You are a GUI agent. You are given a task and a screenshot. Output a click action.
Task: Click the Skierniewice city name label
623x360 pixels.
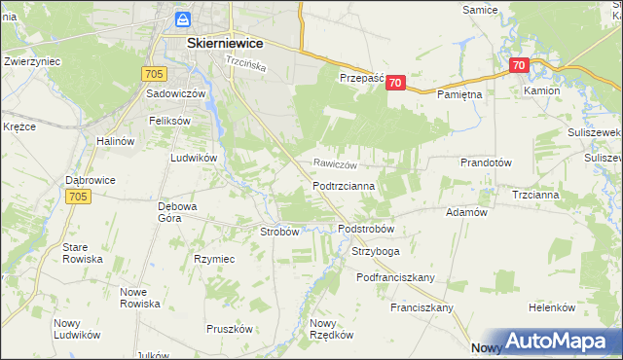coord(213,43)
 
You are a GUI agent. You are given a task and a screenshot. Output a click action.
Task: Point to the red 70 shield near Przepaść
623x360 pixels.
coord(395,84)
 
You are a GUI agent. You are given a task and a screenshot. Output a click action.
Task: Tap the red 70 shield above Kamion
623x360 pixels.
coord(519,66)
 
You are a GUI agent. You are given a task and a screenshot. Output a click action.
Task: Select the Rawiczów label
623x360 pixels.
coord(336,164)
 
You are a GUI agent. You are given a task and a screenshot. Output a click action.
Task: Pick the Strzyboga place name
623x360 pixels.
coord(375,251)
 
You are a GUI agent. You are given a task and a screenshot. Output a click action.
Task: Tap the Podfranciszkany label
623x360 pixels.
coord(395,277)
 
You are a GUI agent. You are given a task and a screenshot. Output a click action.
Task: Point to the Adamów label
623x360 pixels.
coord(465,212)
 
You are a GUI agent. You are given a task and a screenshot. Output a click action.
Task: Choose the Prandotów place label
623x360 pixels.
coord(486,163)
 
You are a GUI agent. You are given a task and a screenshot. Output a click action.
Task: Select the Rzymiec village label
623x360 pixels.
coord(214,259)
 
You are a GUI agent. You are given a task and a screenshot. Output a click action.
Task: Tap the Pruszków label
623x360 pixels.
coord(230,329)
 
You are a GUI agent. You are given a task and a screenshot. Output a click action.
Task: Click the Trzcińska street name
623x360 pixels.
coord(245,64)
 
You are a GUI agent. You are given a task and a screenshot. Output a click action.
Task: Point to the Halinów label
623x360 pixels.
coord(115,141)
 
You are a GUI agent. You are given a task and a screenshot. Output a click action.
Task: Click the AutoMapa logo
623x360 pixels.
coord(554,342)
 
